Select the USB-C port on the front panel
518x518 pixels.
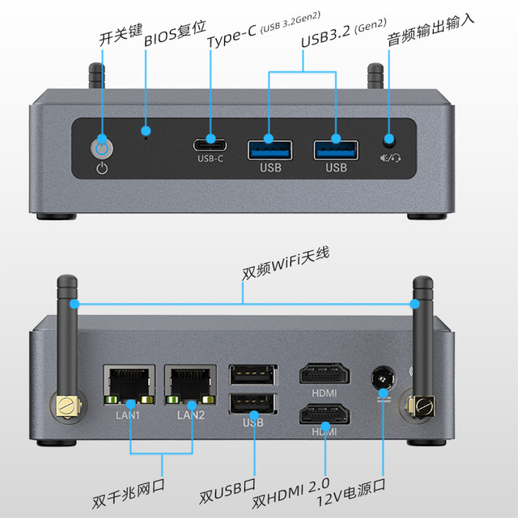click(210, 146)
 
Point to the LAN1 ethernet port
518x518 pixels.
click(127, 384)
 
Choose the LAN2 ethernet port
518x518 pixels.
click(189, 384)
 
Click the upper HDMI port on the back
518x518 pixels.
click(325, 376)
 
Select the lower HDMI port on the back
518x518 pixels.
click(325, 416)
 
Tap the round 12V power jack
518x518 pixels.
click(383, 378)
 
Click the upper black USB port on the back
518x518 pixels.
click(253, 375)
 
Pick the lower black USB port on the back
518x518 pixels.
click(253, 403)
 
